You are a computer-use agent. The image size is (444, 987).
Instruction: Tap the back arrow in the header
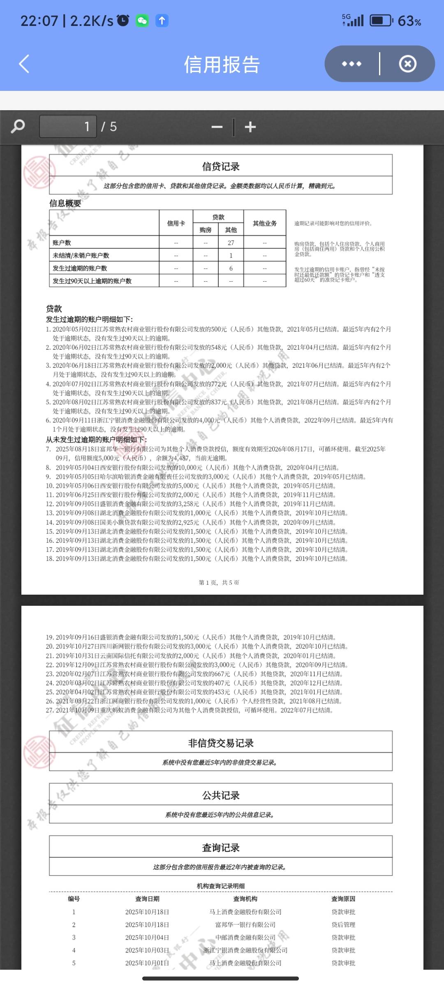click(x=24, y=64)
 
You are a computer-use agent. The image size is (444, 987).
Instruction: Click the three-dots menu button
click(x=351, y=64)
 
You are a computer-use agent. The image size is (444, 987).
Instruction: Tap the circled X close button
click(x=407, y=64)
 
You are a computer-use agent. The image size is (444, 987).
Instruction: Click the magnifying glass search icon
click(x=18, y=126)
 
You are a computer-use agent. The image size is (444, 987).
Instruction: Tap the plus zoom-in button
click(x=250, y=127)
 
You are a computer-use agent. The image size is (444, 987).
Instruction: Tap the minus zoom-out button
click(x=217, y=127)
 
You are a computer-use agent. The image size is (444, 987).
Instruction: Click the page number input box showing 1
click(x=68, y=126)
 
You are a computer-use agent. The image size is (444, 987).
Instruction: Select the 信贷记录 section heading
click(x=221, y=166)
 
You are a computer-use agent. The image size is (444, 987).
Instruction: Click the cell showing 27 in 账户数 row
click(x=231, y=243)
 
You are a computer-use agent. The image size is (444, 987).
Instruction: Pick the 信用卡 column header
click(x=176, y=223)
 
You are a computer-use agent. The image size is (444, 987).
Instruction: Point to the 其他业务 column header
click(x=265, y=223)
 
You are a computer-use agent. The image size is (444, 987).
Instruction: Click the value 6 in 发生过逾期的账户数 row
click(x=231, y=268)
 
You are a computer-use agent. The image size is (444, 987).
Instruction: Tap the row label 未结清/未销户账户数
click(x=81, y=255)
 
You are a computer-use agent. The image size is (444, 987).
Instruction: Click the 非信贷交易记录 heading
click(x=221, y=743)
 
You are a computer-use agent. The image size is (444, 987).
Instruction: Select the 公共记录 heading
click(x=221, y=795)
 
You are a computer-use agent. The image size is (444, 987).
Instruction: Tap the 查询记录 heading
click(x=221, y=847)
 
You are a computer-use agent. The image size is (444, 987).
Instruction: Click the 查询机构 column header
click(x=245, y=899)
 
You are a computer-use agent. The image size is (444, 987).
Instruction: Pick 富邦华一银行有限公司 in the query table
click(x=245, y=924)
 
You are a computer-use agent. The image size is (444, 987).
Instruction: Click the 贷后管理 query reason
click(x=343, y=924)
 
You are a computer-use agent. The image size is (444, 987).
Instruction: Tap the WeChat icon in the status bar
click(x=142, y=21)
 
